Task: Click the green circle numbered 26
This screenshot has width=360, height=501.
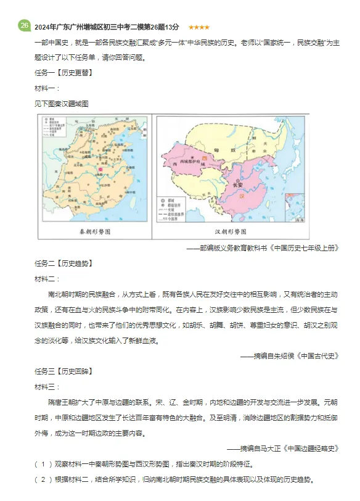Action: click(24, 26)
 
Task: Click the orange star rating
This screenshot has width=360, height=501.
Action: click(198, 27)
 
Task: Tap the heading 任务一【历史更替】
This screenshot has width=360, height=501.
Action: click(64, 72)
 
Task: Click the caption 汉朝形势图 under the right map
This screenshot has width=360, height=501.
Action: click(228, 231)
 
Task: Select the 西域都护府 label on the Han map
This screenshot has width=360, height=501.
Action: click(185, 164)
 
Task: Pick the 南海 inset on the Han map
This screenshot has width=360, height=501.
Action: click(295, 208)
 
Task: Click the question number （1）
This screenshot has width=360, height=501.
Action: click(44, 463)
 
